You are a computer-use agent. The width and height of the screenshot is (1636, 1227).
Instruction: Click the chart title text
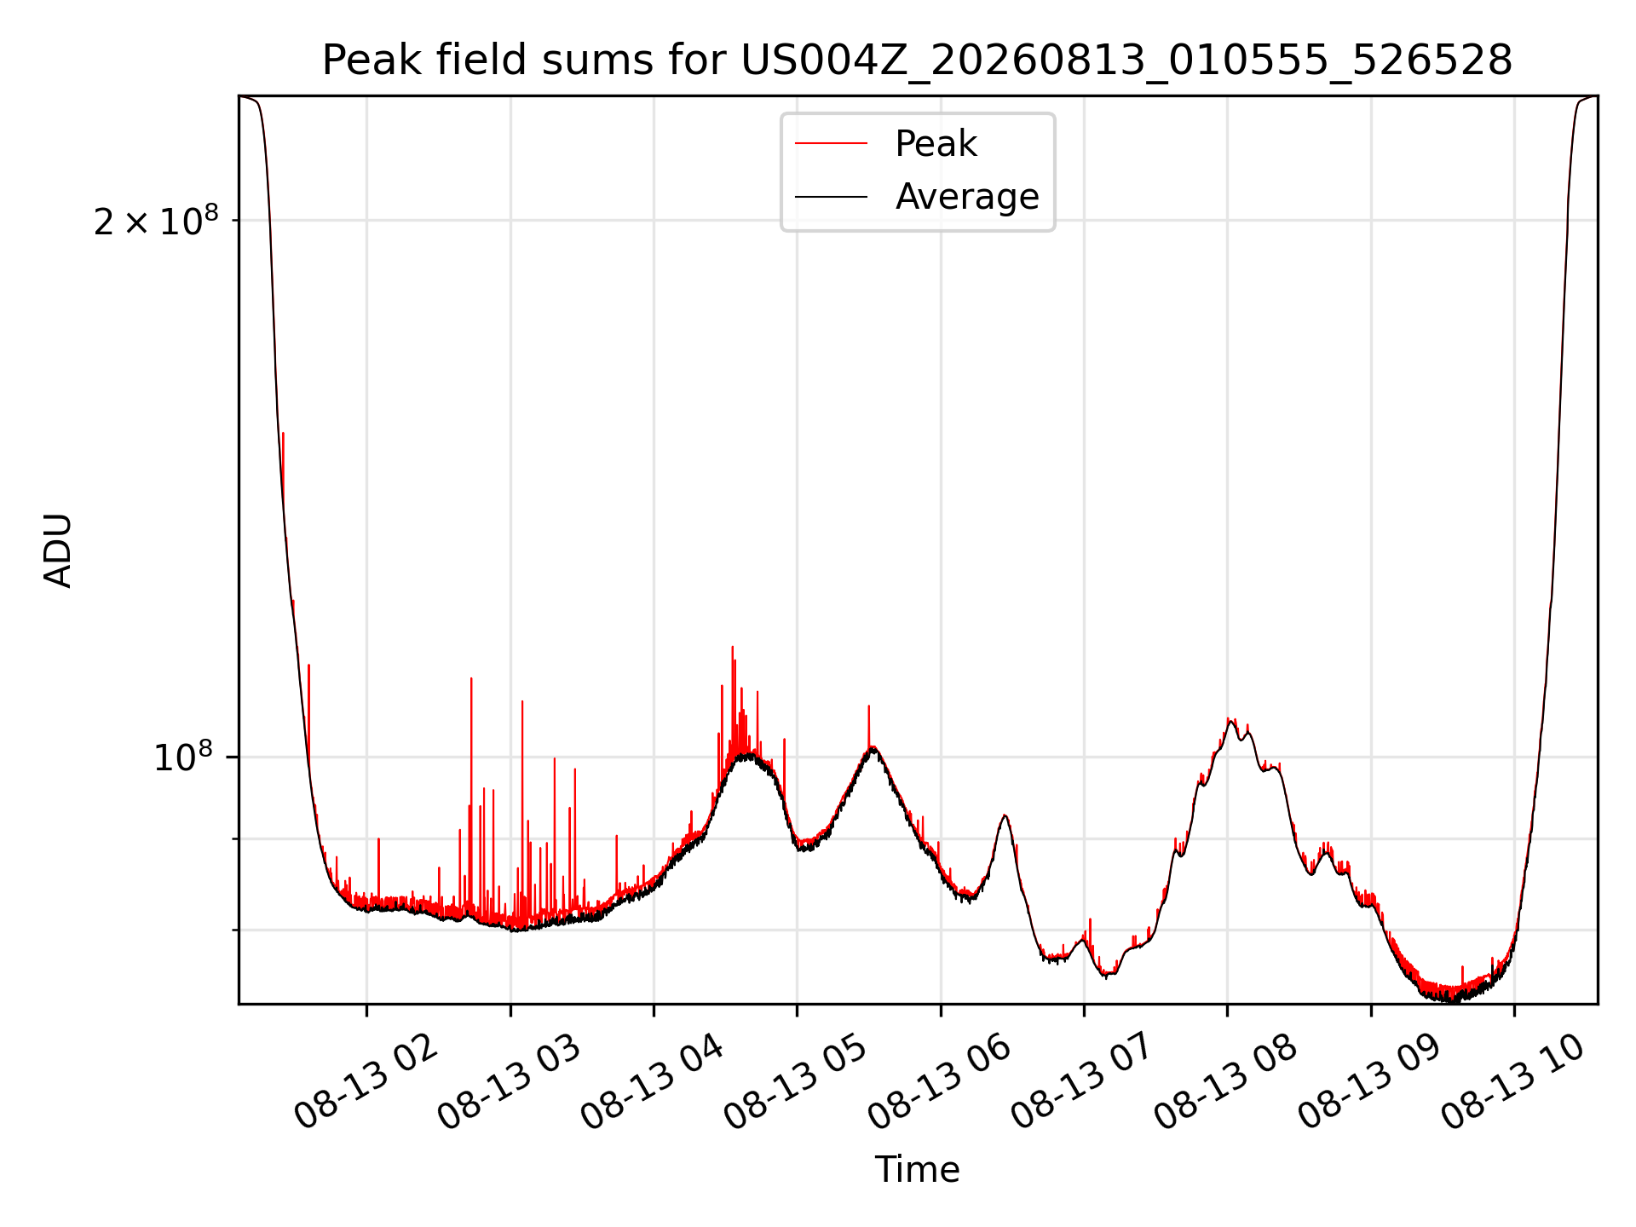(x=917, y=60)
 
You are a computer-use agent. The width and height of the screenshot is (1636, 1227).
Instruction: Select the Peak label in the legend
(x=936, y=144)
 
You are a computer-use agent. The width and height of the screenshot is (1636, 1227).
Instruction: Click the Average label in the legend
(x=967, y=197)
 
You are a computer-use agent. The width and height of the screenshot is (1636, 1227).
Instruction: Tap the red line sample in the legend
(x=831, y=144)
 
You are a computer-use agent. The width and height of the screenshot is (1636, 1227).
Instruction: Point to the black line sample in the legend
(x=831, y=197)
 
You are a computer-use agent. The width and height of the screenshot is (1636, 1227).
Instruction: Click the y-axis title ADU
(x=58, y=550)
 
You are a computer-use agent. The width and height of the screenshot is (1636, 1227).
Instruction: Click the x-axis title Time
(x=917, y=1170)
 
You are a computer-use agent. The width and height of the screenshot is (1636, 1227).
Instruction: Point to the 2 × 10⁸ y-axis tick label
(x=156, y=221)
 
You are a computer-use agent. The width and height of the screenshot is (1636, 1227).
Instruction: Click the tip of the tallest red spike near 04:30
(x=732, y=647)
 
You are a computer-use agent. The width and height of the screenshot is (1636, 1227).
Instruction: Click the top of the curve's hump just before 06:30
(x=1005, y=815)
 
